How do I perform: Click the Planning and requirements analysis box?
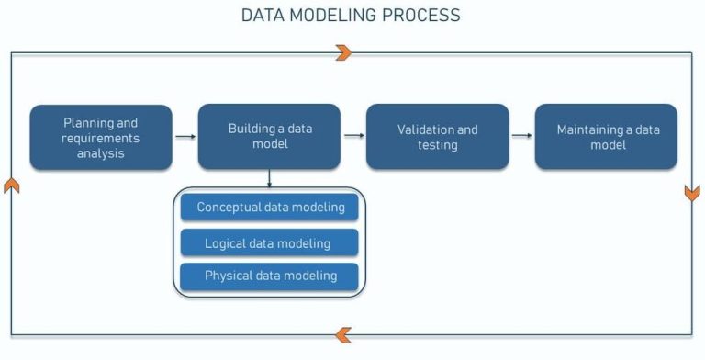101,138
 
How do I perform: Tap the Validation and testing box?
437,137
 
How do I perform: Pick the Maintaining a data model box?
606,137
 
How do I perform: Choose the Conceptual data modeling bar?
270,208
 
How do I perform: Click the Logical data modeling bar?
270,242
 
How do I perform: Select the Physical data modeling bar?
270,276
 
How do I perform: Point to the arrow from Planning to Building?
185,137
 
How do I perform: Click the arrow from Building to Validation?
353,137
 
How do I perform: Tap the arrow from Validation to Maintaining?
521,137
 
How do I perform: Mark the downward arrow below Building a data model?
269,180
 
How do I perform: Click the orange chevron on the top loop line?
343,53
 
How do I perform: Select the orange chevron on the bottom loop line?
343,335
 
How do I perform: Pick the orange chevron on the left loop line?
11,186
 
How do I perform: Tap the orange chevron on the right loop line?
692,194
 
